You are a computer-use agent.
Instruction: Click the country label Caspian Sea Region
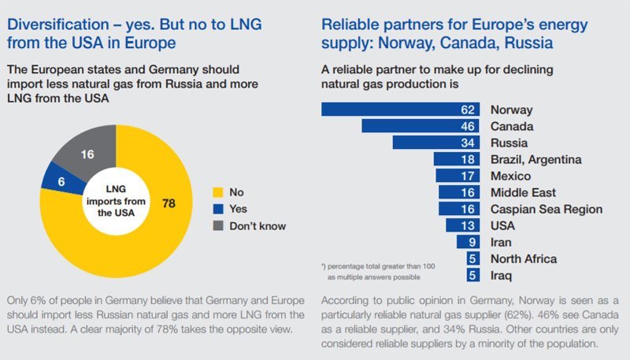pos(546,209)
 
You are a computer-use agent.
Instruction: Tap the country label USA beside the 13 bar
pos(502,225)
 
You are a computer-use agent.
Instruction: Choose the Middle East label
pos(523,192)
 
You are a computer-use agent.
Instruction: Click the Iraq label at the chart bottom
pos(502,275)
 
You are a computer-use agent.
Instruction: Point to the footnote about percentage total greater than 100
pos(377,271)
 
